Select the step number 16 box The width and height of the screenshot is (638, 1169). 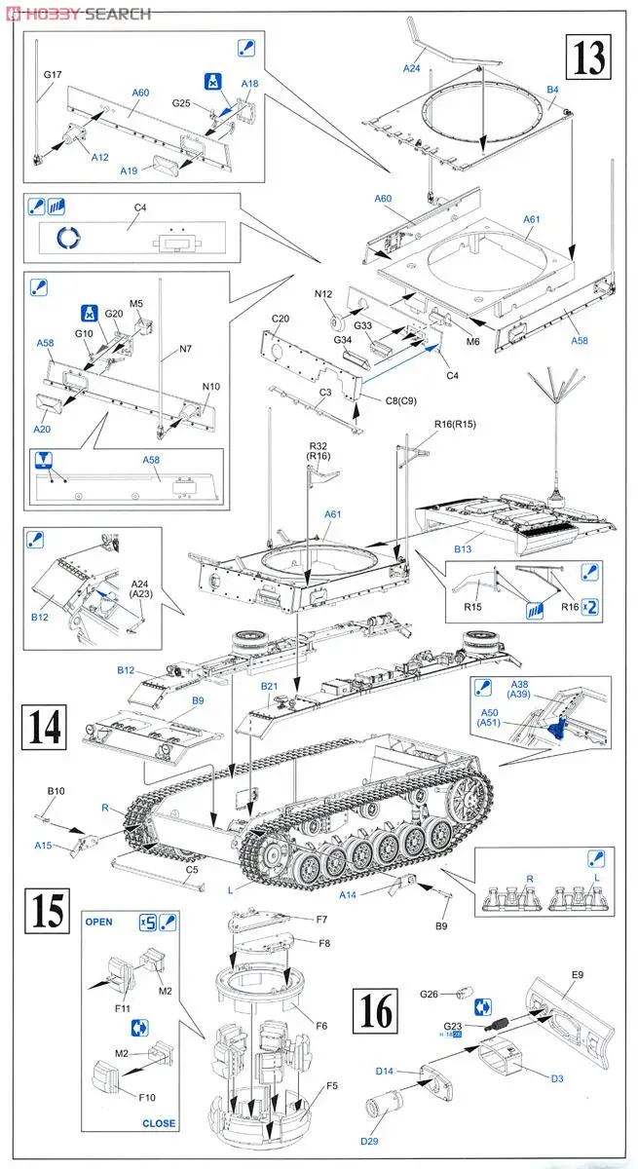377,1013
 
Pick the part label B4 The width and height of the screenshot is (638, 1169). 552,90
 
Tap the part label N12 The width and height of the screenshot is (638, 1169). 324,293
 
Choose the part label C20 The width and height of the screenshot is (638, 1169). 281,319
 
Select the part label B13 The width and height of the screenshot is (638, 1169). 462,549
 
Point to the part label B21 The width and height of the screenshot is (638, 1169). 270,687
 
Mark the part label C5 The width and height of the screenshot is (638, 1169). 192,869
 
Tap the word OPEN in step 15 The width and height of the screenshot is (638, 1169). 98,921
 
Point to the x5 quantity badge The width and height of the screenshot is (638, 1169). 147,921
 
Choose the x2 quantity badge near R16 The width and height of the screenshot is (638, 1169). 587,605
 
